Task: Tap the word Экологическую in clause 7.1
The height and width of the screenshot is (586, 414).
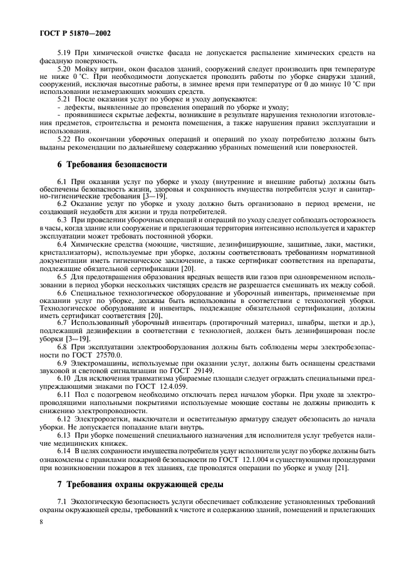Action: pos(100,502)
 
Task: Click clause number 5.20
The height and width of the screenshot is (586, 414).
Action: pos(65,69)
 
